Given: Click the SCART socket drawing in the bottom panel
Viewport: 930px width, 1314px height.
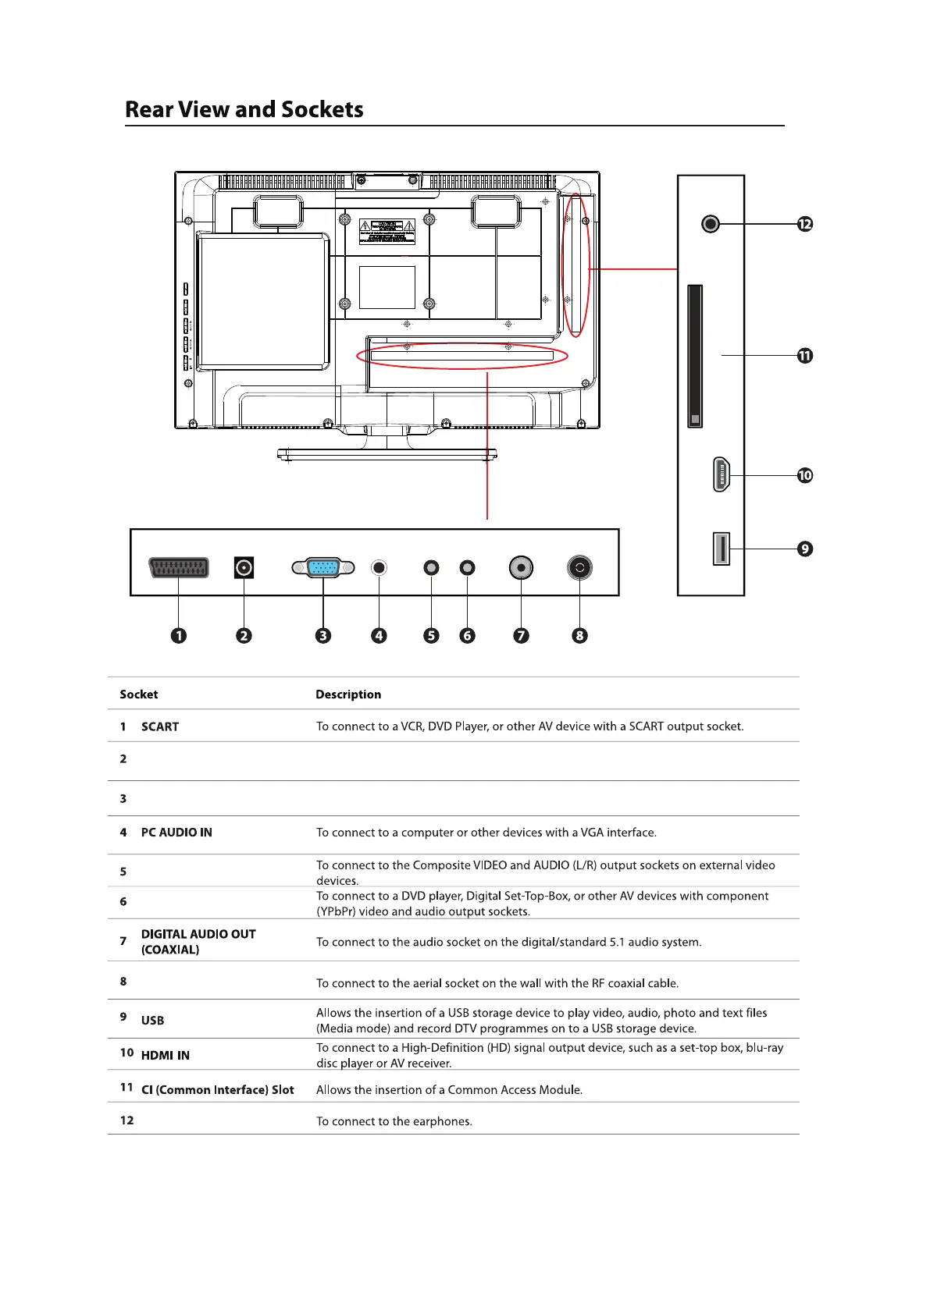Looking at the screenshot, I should [179, 567].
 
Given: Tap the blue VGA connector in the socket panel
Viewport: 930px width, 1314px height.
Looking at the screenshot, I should [323, 567].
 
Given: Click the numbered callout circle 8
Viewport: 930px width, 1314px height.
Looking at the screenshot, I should [579, 635].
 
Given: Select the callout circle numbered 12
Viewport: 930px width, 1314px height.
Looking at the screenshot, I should [805, 224].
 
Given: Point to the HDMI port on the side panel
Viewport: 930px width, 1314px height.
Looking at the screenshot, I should [722, 474].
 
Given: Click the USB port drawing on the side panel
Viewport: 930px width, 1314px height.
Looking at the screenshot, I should [721, 549].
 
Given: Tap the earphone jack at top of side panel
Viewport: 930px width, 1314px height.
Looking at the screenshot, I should [710, 224].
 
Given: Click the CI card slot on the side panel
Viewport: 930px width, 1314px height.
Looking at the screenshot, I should [695, 356].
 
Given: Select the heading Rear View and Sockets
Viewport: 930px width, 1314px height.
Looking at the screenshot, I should [244, 109].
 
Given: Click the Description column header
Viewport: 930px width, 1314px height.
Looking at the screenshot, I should [348, 694].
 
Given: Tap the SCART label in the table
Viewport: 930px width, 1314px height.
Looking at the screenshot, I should [160, 726].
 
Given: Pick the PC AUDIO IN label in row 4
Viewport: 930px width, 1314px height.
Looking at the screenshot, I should [176, 833].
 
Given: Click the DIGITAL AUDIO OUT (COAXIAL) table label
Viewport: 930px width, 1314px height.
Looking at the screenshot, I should [198, 942].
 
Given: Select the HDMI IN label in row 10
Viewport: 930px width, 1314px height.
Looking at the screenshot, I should [166, 1055].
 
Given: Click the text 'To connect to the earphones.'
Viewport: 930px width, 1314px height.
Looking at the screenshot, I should [394, 1121].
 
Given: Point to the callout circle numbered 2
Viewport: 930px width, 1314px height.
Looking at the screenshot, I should [244, 635].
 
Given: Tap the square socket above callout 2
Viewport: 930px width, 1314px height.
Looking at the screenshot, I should [244, 567].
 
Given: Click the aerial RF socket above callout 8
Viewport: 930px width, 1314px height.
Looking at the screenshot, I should [579, 567].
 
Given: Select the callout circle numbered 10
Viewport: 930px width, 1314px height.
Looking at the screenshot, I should [805, 475].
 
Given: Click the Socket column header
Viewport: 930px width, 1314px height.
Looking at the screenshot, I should [139, 694].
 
